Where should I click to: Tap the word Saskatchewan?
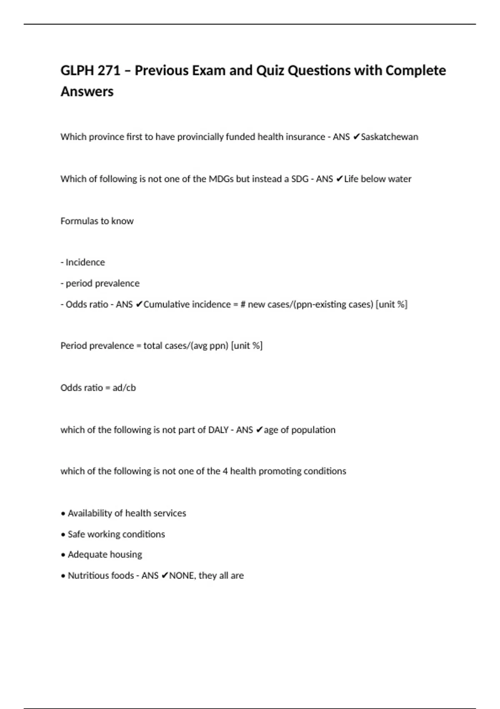[390, 137]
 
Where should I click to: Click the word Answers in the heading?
[87, 91]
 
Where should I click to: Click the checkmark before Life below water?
[339, 179]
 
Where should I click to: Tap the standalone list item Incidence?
[85, 262]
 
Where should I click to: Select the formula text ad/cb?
[124, 388]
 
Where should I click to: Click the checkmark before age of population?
[259, 430]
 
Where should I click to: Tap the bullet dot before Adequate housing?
[63, 555]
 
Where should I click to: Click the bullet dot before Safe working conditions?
[63, 535]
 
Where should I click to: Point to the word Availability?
[90, 513]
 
